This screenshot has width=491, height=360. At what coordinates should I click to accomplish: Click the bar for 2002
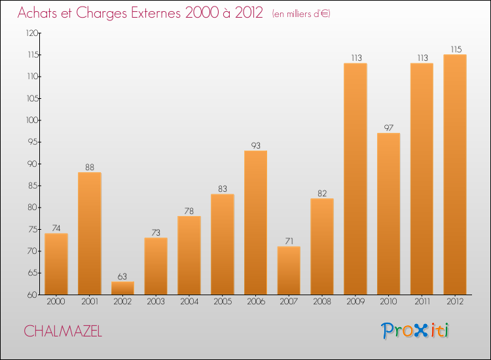pos(122,288)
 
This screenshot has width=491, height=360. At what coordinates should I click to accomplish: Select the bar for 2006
pos(255,223)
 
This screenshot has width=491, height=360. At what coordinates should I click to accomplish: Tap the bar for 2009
pos(355,179)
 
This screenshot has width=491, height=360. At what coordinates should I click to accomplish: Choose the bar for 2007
pos(289,270)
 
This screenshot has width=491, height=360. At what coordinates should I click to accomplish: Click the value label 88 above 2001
pos(89,166)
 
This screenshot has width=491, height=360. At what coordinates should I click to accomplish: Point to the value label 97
pos(388,127)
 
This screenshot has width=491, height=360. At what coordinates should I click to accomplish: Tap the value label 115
pos(454,48)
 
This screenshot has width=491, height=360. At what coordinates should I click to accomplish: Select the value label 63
pos(122,276)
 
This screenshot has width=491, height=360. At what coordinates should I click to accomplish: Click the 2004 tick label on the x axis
pos(189,302)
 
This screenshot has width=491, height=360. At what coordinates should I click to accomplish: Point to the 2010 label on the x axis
pos(388,302)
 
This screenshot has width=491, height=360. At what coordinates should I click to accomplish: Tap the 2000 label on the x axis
pos(56,302)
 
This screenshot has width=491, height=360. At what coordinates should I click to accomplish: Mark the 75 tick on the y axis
pos(33,230)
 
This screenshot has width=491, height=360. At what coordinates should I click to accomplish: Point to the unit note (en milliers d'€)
pos(301,14)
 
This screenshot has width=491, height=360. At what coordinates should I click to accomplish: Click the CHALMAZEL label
pos(63,331)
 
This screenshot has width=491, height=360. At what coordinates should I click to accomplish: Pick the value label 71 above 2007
pos(289,240)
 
